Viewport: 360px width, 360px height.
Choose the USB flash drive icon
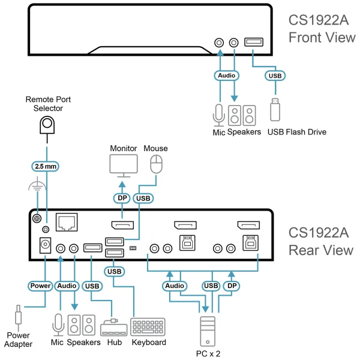click(x=275, y=109)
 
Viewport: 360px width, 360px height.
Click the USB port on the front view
click(x=253, y=43)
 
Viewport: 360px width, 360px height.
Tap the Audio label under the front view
click(x=227, y=76)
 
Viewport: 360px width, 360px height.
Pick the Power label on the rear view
click(x=40, y=286)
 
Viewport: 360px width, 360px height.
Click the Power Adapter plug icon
click(x=19, y=317)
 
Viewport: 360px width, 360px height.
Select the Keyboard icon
click(x=148, y=326)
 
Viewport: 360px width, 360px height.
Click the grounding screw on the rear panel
click(x=35, y=220)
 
